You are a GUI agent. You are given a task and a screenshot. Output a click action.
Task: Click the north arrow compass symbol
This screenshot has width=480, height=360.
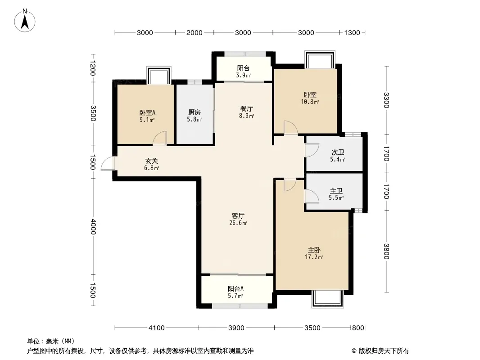[x=24, y=20]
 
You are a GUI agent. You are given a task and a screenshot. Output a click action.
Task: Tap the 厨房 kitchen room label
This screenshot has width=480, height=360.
[x=195, y=112]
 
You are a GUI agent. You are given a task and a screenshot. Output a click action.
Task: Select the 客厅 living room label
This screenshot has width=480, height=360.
[x=238, y=216]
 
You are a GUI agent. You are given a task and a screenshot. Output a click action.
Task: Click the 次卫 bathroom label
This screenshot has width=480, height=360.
[x=338, y=152]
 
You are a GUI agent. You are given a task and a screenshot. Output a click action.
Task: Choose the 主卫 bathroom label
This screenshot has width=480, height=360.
[x=336, y=190]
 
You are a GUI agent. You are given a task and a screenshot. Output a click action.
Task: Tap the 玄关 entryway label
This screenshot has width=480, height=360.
[x=152, y=161]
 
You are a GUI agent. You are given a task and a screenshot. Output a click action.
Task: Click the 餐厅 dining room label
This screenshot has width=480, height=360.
[x=246, y=108]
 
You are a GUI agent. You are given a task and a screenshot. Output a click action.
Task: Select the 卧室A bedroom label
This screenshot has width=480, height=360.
[x=148, y=112]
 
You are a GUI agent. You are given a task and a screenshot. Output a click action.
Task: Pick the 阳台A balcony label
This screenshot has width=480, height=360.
[x=235, y=288]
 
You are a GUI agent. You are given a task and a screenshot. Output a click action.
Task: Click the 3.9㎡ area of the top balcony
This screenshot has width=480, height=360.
[x=244, y=75]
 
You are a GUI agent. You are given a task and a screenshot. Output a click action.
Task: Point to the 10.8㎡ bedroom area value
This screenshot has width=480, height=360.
[x=310, y=102]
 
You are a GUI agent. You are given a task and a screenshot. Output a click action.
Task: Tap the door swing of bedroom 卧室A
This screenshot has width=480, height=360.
[x=160, y=138]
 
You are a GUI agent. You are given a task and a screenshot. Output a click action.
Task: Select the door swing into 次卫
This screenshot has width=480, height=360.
[x=312, y=150]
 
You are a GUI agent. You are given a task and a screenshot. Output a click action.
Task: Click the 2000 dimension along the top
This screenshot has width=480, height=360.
[x=195, y=32]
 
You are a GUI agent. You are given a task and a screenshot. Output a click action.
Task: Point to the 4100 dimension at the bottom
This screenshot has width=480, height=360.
[x=156, y=328]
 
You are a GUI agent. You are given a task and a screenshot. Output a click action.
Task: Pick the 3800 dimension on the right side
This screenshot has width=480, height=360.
[x=386, y=251]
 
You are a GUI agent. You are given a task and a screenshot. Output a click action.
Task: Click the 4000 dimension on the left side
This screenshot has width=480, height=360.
[x=93, y=227]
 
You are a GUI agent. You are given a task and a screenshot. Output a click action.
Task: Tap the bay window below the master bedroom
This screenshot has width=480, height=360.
[x=327, y=299]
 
